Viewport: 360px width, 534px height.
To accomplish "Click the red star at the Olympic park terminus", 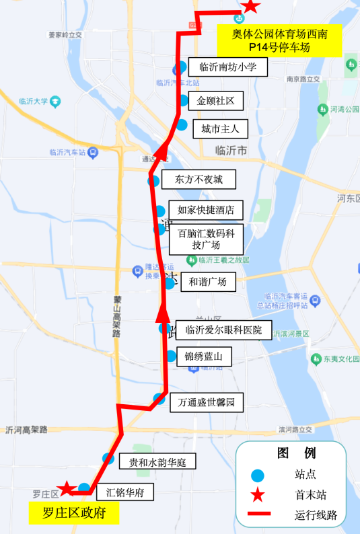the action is click(x=250, y=6).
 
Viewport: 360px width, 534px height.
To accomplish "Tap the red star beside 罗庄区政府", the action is click(x=66, y=488).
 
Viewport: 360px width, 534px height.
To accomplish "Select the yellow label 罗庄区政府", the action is click(x=74, y=514).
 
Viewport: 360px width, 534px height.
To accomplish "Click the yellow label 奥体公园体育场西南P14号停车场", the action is click(x=279, y=40).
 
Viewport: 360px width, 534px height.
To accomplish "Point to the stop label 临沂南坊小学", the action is click(x=228, y=67).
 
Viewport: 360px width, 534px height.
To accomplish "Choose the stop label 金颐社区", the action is click(x=215, y=101).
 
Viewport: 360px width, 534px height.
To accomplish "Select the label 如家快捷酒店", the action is click(x=205, y=210).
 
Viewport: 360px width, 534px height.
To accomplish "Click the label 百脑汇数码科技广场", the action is click(x=206, y=239).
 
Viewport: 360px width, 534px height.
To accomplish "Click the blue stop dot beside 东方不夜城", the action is click(x=154, y=180).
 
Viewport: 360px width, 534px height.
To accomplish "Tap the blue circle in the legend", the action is click(x=257, y=474).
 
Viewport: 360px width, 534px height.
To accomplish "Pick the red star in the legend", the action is click(x=257, y=496).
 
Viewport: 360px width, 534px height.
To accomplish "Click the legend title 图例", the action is click(x=296, y=453).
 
